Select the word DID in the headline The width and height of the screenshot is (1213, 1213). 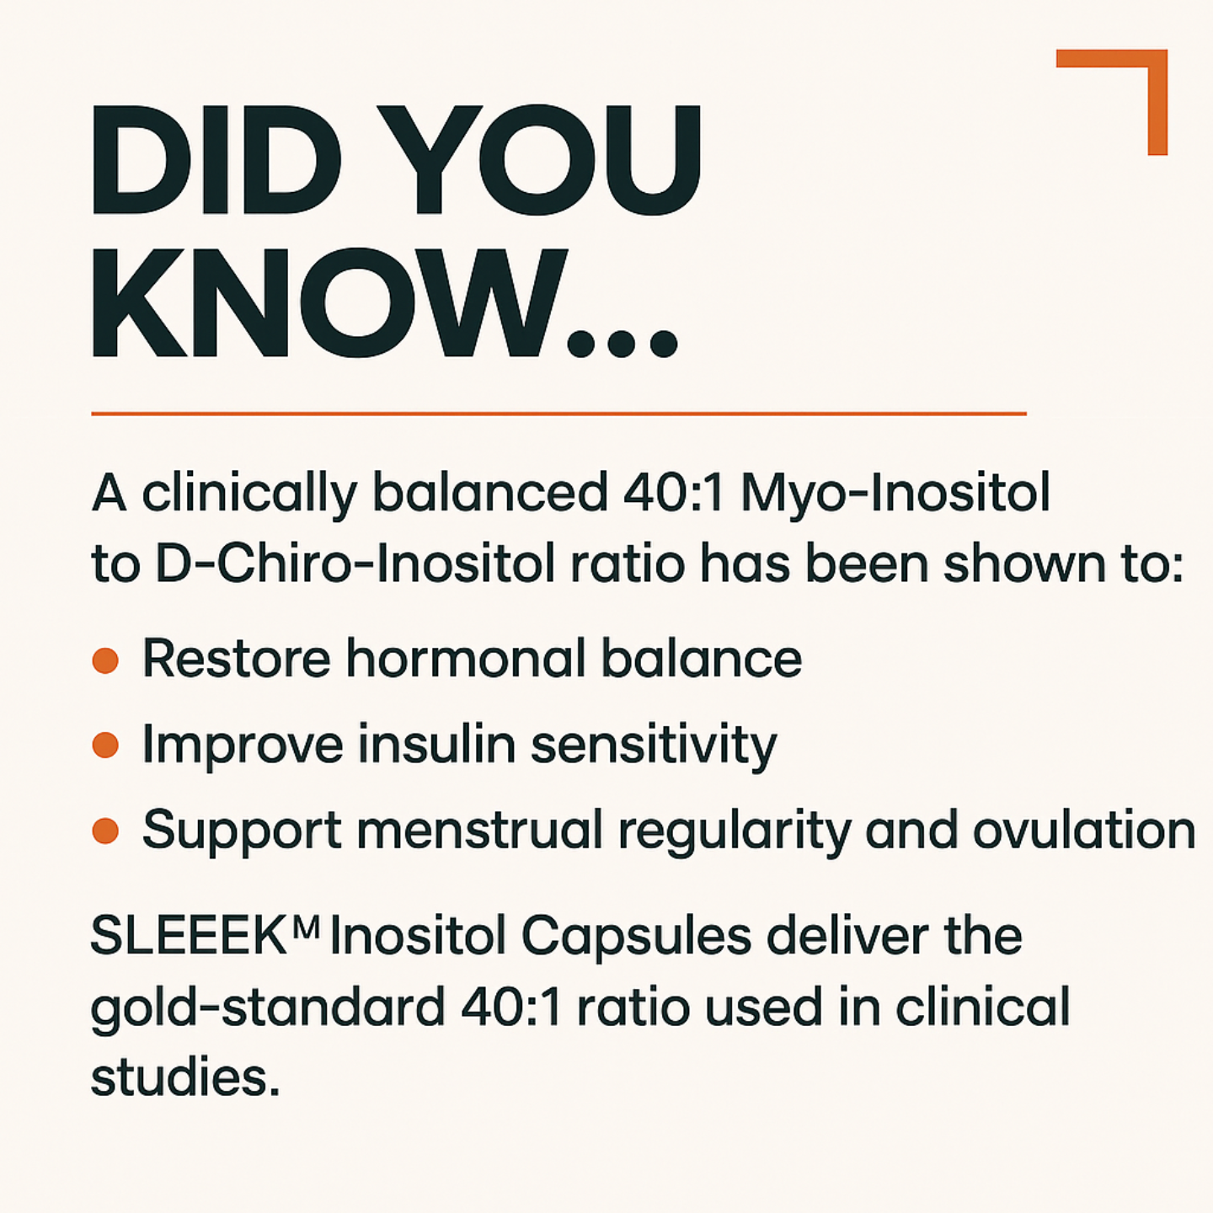[216, 160]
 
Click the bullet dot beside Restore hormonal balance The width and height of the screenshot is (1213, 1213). [105, 660]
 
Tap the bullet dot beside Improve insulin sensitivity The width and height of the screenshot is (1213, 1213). [105, 745]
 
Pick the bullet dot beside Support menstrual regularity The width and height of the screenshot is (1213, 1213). [105, 831]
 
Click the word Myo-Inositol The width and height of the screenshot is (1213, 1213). [895, 493]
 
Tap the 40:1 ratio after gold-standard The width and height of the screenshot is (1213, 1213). [511, 1007]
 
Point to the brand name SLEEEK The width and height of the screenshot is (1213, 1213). [190, 936]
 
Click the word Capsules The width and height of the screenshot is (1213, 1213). [636, 936]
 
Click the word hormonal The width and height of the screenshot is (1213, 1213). [466, 659]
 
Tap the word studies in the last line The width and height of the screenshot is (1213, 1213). [184, 1077]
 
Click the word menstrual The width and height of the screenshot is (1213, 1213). [479, 831]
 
